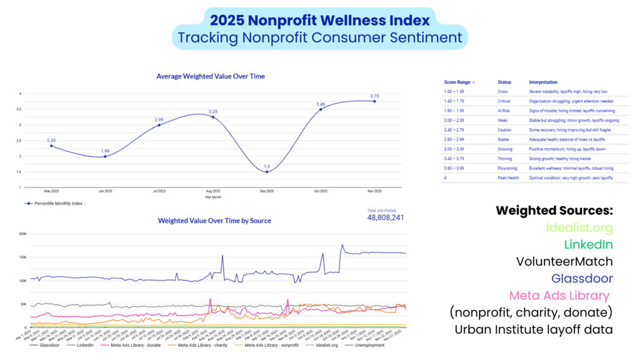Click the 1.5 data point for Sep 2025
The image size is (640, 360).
pyautogui.click(x=267, y=172)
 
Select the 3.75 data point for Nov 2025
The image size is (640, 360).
pyautogui.click(x=374, y=101)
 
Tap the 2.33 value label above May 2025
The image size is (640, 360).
pyautogui.click(x=51, y=140)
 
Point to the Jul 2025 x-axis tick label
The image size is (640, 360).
pyautogui.click(x=159, y=191)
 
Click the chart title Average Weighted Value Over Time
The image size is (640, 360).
pyautogui.click(x=210, y=76)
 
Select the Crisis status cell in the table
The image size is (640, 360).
pyautogui.click(x=502, y=91)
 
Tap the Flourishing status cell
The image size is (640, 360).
pyautogui.click(x=507, y=168)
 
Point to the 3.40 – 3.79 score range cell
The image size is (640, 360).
pyautogui.click(x=454, y=159)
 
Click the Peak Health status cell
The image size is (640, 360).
pyautogui.click(x=507, y=178)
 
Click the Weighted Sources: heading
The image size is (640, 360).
pyautogui.click(x=554, y=211)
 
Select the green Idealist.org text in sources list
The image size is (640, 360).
pyautogui.click(x=579, y=227)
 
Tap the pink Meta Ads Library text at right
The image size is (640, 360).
pyautogui.click(x=559, y=295)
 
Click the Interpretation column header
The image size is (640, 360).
pyautogui.click(x=542, y=82)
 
